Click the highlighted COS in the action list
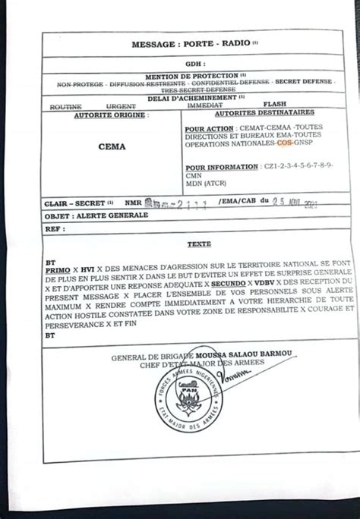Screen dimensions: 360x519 (x=283, y=142)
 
